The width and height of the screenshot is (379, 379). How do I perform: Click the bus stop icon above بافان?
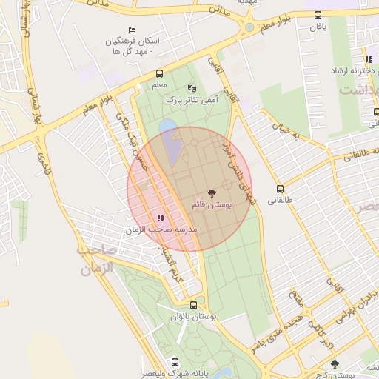pos(318,15)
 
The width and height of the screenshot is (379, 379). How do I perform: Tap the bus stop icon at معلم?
pos(159,73)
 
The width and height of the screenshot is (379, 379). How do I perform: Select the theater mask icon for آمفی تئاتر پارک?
pos(192,87)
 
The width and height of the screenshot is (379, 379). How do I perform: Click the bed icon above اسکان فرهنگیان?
pos(133,29)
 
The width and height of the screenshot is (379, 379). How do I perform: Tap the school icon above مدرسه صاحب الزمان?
pos(161,218)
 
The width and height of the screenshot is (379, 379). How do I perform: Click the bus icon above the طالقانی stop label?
pos(280,188)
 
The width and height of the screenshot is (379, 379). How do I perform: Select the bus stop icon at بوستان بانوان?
pos(193,304)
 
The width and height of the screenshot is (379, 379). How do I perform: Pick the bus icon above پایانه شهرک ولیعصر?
pos(175,362)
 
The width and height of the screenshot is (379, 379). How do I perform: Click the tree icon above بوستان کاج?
pos(335,364)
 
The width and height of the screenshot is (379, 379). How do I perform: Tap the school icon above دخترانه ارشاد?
pos(368,60)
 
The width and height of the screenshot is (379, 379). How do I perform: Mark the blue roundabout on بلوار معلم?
pos(249,27)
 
